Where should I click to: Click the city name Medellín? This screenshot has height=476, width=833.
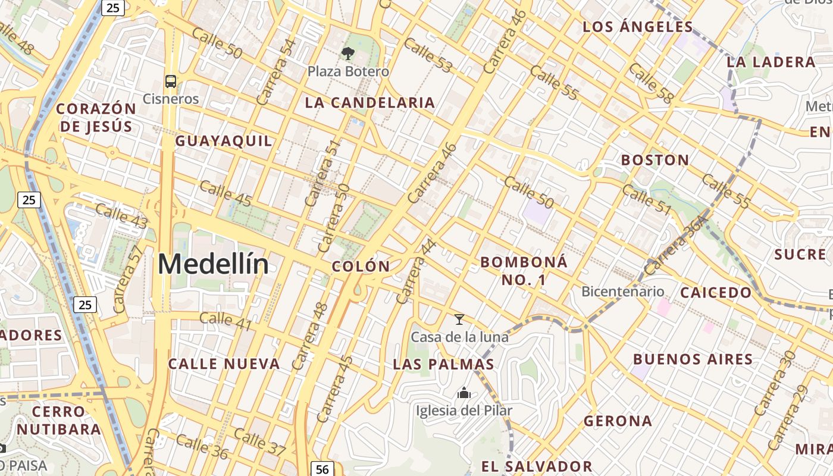tap(213, 264)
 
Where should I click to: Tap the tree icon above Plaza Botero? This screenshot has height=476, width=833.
tap(348, 54)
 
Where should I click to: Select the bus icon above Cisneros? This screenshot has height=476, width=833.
tap(171, 82)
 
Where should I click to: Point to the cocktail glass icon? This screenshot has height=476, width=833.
tap(459, 320)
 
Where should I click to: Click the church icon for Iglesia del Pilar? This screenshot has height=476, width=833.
tap(464, 393)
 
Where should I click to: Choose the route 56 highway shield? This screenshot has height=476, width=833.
tap(322, 469)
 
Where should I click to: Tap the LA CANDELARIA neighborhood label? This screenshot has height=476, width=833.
tap(369, 102)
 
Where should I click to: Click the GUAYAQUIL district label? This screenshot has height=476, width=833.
tap(224, 141)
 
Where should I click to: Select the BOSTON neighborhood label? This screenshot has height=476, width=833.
tap(655, 159)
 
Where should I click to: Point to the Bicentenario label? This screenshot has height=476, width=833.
tap(622, 292)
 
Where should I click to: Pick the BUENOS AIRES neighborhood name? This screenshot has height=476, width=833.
tap(693, 359)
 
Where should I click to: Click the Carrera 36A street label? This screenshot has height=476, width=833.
tap(675, 245)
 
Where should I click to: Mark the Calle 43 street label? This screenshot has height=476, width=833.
tap(121, 215)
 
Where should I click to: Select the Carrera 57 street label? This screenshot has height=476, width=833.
tap(127, 279)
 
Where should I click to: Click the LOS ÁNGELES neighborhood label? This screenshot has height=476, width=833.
tap(638, 27)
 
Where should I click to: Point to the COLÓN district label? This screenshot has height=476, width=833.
tap(361, 267)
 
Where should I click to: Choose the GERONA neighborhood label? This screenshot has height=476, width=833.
tap(618, 421)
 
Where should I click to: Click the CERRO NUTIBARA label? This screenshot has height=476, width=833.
tap(58, 420)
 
